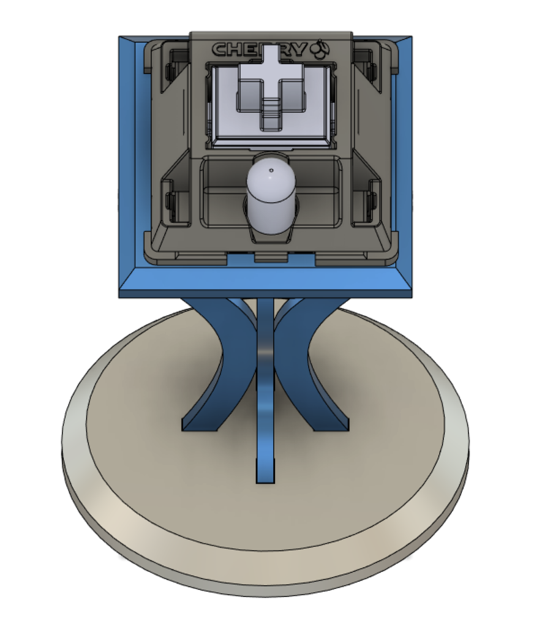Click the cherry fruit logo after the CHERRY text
click(x=321, y=48)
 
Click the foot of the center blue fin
click(x=265, y=475)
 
